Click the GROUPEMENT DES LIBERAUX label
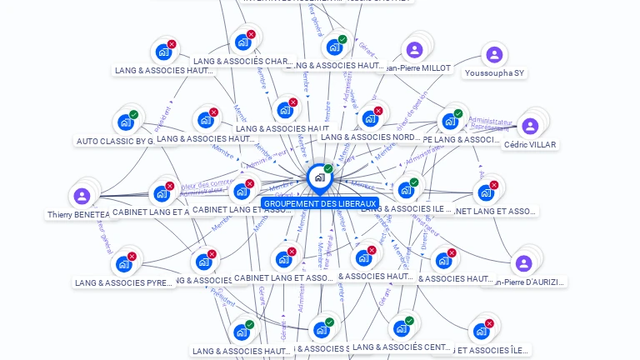(x=319, y=203)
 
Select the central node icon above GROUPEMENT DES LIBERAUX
(x=318, y=177)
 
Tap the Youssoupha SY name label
(x=494, y=73)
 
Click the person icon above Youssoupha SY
(x=494, y=55)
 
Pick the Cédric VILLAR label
(x=530, y=144)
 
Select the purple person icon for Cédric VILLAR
(x=530, y=127)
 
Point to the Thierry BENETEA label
(x=78, y=214)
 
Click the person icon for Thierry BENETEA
(x=82, y=197)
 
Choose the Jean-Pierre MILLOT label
(x=416, y=67)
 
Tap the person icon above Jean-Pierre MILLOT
(x=412, y=49)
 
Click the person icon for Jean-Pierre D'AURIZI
(x=523, y=263)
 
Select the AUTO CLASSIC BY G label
(x=116, y=141)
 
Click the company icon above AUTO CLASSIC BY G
(x=126, y=122)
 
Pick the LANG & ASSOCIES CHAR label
(x=242, y=61)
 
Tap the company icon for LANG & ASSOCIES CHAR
(x=243, y=42)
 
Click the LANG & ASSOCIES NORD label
(x=370, y=137)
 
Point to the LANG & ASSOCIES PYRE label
(x=123, y=282)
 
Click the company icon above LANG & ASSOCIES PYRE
(x=124, y=264)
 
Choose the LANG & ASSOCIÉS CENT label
(x=402, y=347)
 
